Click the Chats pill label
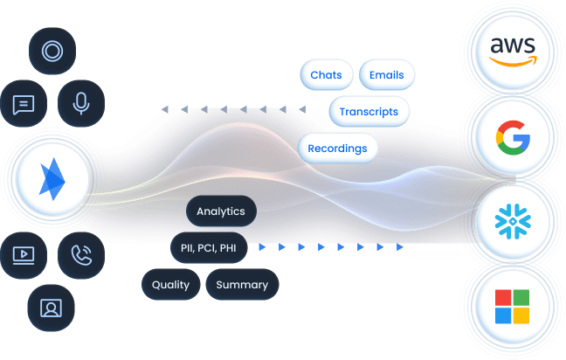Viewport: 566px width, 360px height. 326,75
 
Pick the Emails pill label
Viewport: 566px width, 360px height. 386,75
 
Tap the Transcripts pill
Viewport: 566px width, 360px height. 369,112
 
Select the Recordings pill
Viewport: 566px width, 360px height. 337,149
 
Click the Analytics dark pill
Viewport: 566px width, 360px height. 222,211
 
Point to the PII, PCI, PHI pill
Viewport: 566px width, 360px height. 209,248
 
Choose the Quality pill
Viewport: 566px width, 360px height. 170,285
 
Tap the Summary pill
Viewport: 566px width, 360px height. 242,285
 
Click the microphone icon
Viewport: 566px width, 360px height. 81,104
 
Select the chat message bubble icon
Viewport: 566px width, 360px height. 24,104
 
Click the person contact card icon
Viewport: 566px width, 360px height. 52,307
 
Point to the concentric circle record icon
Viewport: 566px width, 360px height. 52,52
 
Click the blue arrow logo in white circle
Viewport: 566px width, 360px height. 52,179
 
